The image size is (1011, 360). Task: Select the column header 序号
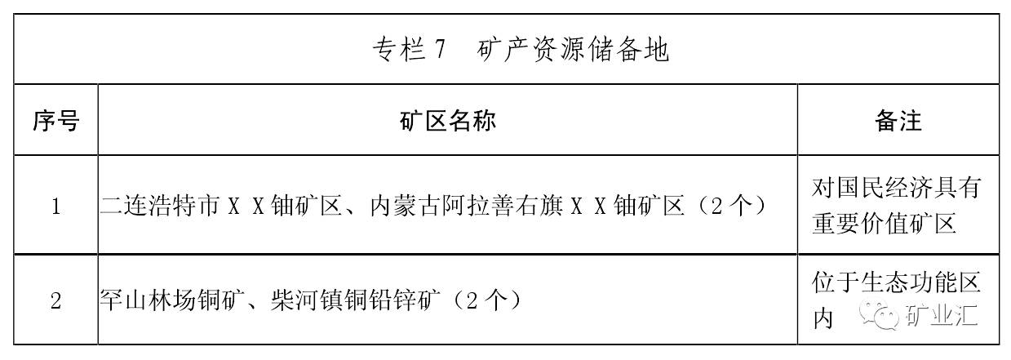click(55, 122)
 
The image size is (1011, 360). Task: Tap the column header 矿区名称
click(447, 122)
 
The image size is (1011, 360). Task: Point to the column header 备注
click(898, 122)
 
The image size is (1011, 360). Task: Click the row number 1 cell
click(55, 207)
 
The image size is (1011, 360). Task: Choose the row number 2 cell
click(55, 300)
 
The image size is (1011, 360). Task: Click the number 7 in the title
click(439, 51)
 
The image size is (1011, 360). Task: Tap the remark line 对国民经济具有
click(895, 189)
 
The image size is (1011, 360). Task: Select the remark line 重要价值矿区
click(884, 224)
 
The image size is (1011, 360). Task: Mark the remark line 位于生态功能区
click(895, 282)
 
